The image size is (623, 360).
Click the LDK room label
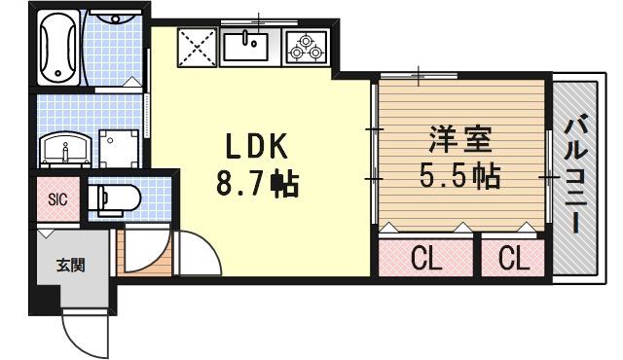coord(257,146)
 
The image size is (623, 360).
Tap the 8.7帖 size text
coord(257,181)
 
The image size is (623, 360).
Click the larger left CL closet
coord(425,258)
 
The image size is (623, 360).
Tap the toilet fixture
coord(114,199)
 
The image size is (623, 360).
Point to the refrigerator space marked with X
coord(198,46)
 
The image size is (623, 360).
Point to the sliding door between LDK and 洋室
coord(373,156)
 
